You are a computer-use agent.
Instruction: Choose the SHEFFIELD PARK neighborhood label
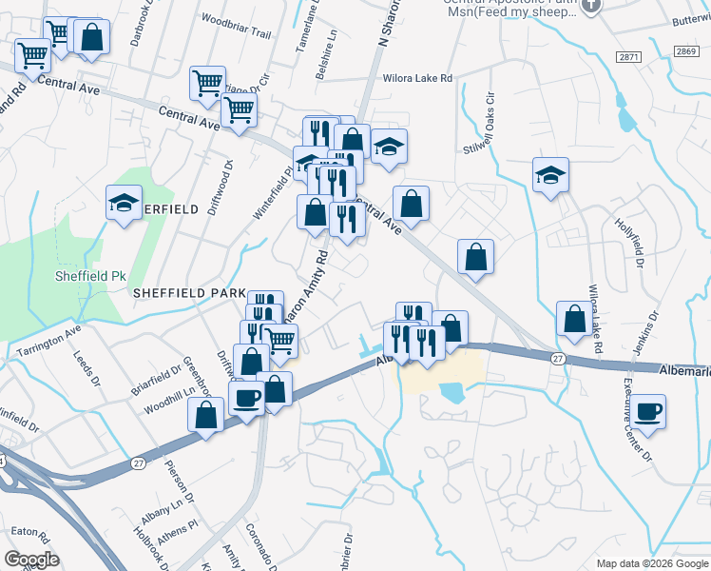(x=189, y=293)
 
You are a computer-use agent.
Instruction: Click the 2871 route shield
(x=628, y=57)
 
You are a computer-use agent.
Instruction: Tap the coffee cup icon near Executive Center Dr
(x=650, y=411)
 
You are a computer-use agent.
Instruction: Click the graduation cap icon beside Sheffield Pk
(x=123, y=202)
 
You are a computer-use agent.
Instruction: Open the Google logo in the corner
(x=31, y=560)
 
